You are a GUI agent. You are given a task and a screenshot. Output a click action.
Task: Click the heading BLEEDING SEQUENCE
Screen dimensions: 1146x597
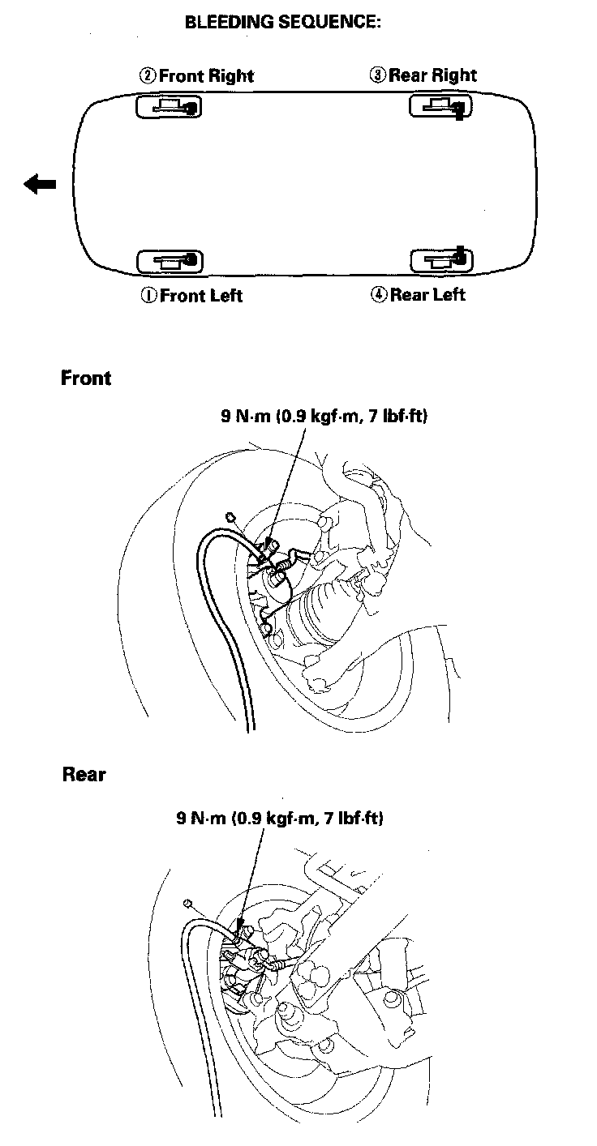coord(283,23)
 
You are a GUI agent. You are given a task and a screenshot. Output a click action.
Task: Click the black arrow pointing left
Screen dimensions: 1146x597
coord(40,184)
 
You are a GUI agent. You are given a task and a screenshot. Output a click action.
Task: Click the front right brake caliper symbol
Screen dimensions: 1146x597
coord(170,106)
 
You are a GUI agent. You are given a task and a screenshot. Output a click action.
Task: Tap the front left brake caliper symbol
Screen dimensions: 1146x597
coord(170,261)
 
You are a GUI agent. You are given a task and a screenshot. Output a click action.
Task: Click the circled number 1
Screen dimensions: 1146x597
coord(148,296)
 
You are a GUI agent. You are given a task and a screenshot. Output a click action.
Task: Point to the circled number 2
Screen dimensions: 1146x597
coord(148,76)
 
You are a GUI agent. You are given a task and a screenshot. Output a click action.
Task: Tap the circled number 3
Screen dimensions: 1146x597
coord(377,75)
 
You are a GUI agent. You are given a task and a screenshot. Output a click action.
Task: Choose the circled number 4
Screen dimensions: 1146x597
coord(378,295)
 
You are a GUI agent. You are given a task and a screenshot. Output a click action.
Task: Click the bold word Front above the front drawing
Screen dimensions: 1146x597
coord(86,378)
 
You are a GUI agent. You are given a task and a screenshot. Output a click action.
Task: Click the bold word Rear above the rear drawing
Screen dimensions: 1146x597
coord(84,774)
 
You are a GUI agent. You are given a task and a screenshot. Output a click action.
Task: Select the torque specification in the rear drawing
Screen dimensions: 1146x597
coord(280,818)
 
